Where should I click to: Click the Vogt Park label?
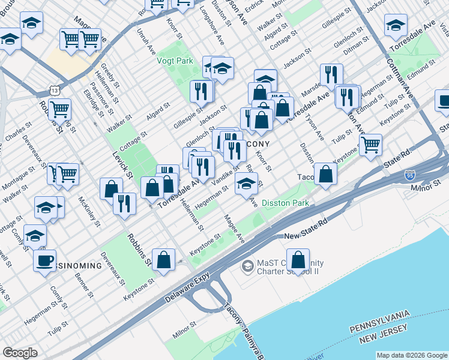175,61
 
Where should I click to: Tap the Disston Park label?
285,203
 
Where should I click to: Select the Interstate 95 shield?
410,176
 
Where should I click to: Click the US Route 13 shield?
55,90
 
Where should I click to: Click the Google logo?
20,353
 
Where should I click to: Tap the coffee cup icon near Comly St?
44,260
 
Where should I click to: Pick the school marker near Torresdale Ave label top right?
396,25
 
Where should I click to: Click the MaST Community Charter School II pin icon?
247,265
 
